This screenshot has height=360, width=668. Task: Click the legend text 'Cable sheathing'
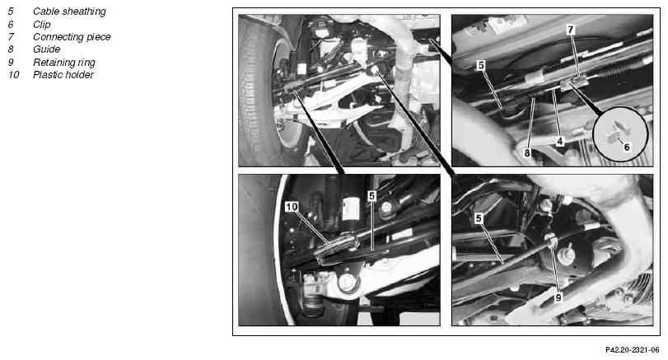tap(69, 12)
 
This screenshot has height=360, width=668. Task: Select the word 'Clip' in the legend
tap(42, 24)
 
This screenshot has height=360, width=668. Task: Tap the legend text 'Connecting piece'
tap(72, 37)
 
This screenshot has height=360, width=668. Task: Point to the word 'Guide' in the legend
tap(46, 49)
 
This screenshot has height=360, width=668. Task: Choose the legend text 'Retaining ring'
tap(64, 63)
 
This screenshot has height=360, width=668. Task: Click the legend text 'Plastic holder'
tap(63, 75)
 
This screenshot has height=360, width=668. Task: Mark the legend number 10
tap(14, 75)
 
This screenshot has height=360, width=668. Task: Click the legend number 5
tap(11, 12)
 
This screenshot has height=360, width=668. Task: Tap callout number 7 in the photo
tap(571, 30)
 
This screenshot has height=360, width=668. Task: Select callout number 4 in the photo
tap(560, 141)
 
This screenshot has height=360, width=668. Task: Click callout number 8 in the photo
tap(527, 152)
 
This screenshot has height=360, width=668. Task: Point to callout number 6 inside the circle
tap(627, 147)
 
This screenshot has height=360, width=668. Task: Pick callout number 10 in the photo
tap(292, 207)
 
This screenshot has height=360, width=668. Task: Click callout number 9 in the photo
tap(558, 297)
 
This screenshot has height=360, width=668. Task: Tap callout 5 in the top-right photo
tap(481, 65)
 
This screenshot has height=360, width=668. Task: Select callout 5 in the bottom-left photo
tap(372, 196)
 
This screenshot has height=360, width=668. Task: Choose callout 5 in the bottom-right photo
tap(479, 218)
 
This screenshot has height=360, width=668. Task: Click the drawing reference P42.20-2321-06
tap(633, 350)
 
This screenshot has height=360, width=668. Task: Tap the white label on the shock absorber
tap(351, 210)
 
